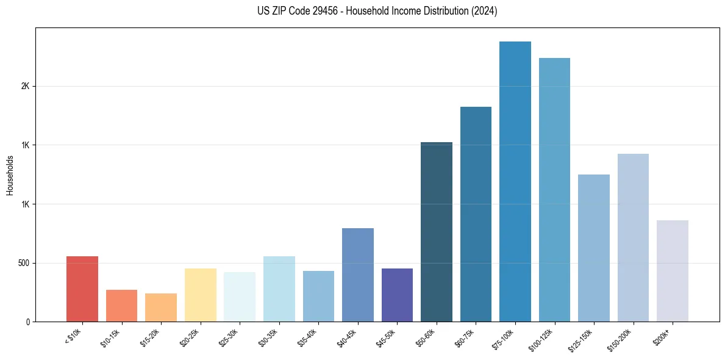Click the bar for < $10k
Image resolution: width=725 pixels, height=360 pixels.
pyautogui.click(x=82, y=289)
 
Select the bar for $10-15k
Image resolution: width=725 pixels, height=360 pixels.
pyautogui.click(x=121, y=306)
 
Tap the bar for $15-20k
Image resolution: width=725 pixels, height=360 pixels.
pyautogui.click(x=161, y=308)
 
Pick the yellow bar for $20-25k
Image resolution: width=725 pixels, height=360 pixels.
pyautogui.click(x=201, y=295)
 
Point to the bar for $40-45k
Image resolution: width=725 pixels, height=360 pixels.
pyautogui.click(x=358, y=275)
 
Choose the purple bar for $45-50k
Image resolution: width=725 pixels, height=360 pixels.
pyautogui.click(x=397, y=295)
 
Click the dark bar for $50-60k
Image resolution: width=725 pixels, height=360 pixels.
pyautogui.click(x=437, y=232)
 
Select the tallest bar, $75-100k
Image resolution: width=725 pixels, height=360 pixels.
pyautogui.click(x=515, y=181)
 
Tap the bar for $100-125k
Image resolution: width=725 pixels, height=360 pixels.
pyautogui.click(x=554, y=190)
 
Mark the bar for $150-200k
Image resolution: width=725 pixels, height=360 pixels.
pyautogui.click(x=633, y=237)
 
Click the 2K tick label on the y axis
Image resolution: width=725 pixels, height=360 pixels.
pyautogui.click(x=26, y=86)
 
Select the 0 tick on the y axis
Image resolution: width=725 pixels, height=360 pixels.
pyautogui.click(x=28, y=322)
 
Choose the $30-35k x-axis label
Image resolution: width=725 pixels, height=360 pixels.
pyautogui.click(x=269, y=337)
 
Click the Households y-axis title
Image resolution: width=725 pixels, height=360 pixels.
pyautogui.click(x=10, y=175)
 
